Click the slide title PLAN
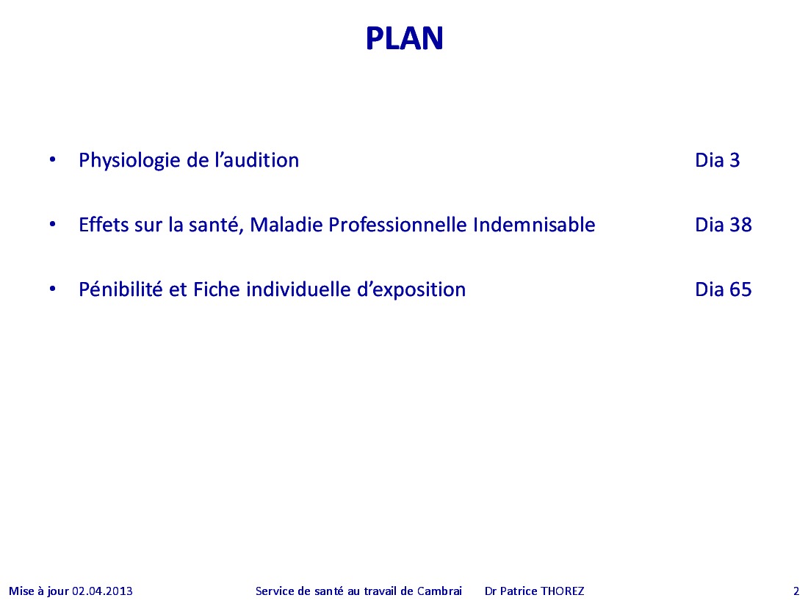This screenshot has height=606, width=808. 405,38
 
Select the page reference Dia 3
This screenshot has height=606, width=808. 718,160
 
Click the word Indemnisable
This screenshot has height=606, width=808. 534,225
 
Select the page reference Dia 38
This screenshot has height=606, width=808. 724,225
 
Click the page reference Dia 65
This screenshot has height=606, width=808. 724,289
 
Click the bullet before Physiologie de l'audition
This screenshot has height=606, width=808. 53,159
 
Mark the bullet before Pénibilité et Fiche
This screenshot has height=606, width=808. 53,289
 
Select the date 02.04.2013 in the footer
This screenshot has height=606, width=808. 102,591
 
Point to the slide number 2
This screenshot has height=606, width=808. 796,591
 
